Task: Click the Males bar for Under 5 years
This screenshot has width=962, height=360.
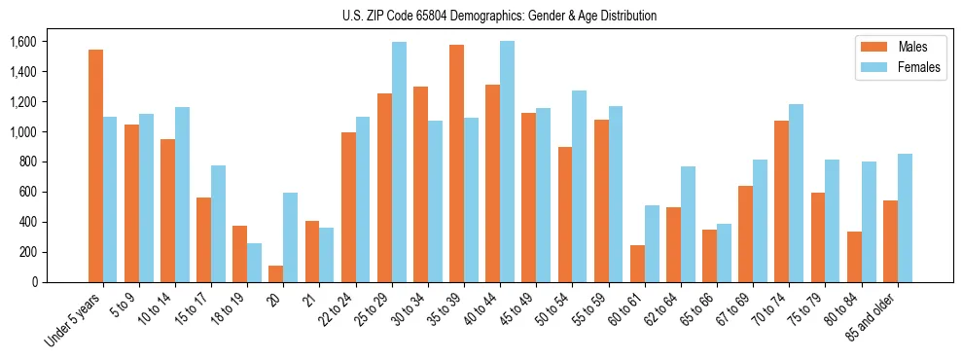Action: pos(95,165)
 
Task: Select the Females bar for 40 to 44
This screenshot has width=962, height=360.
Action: pos(507,162)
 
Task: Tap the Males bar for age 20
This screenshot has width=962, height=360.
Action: pos(276,273)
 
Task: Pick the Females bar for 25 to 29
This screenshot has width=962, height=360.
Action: pos(399,162)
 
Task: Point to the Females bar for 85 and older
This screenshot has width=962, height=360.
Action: pos(905,218)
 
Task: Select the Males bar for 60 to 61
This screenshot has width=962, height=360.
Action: pos(637,264)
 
